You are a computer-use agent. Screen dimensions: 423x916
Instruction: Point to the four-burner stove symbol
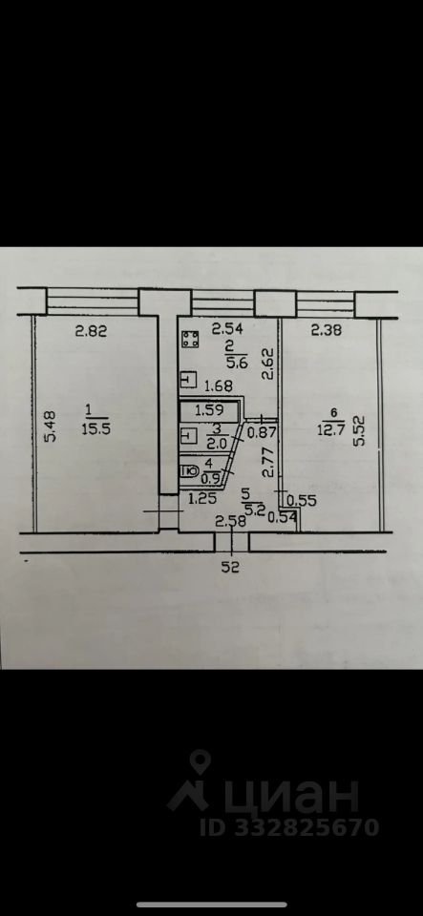point(190,339)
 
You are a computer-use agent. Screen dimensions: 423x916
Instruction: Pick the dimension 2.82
point(92,332)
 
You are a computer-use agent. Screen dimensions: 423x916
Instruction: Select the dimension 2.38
point(326,331)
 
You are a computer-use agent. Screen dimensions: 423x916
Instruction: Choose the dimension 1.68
point(218,385)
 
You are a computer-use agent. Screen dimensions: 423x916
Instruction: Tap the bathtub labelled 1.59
point(209,410)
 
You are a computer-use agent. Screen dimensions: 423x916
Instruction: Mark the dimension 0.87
point(260,433)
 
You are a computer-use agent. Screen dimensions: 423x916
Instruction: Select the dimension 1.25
point(201,498)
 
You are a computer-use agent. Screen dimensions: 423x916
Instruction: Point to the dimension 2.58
point(230,521)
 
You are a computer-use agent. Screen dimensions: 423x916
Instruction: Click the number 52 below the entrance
point(232,566)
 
